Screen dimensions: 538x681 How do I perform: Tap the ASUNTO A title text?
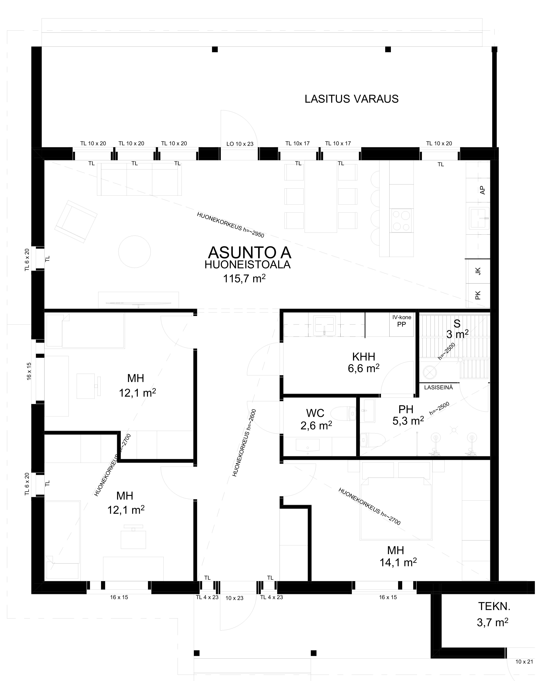click(x=249, y=253)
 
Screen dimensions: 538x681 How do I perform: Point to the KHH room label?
click(x=363, y=357)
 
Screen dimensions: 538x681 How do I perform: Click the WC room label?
click(x=315, y=413)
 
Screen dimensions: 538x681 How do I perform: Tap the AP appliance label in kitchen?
click(x=482, y=190)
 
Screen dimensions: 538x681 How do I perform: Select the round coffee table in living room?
click(x=134, y=252)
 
